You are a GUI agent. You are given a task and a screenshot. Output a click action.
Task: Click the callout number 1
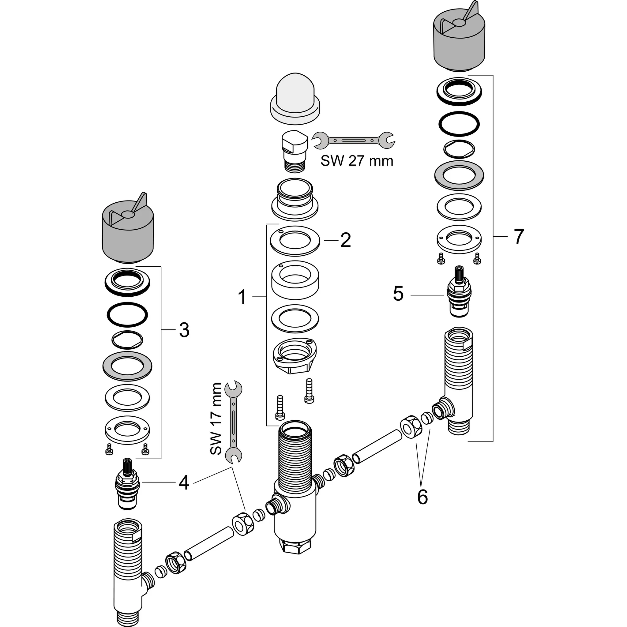242,297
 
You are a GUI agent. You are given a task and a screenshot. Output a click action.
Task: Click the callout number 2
345,240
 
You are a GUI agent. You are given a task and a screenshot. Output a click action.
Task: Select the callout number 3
184,330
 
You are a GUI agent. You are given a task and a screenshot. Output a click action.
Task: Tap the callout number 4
184,482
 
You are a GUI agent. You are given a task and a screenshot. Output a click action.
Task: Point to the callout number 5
398,294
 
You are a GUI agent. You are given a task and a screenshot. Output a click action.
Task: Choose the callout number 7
519,237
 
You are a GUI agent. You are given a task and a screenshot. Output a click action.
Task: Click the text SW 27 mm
357,161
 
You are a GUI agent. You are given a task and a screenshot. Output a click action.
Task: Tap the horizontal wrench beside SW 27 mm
353,140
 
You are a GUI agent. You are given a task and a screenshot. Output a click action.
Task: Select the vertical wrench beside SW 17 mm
234,422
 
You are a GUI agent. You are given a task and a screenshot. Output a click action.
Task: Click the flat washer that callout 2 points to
295,240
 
